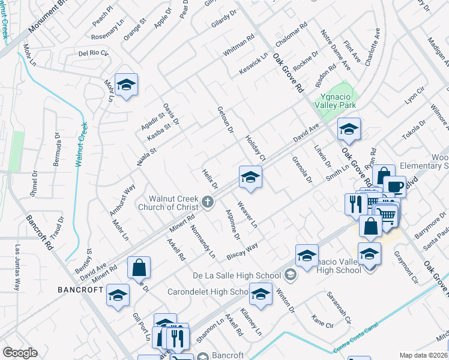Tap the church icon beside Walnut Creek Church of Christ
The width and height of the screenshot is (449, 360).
pyautogui.click(x=208, y=202)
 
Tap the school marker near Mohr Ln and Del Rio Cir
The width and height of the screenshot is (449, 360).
pyautogui.click(x=126, y=86)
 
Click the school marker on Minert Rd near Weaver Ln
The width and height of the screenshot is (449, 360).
pyautogui.click(x=250, y=177)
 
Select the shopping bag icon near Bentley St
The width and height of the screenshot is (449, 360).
pyautogui.click(x=139, y=268)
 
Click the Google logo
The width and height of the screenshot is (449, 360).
pyautogui.click(x=20, y=353)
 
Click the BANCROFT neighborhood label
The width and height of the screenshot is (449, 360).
pyautogui.click(x=80, y=290)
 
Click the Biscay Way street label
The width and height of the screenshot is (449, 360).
pyautogui.click(x=242, y=251)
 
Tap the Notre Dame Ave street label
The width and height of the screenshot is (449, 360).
pyautogui.click(x=331, y=46)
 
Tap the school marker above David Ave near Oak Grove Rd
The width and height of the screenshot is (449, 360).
pyautogui.click(x=348, y=129)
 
